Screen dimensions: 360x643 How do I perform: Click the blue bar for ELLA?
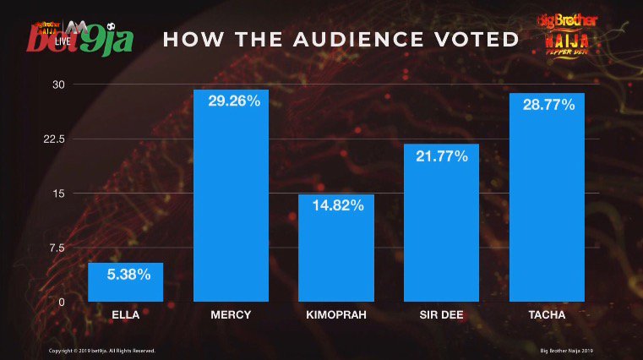[126, 282]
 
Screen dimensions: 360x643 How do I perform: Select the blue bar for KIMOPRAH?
[336, 249]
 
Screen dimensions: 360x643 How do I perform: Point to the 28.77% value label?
[548, 105]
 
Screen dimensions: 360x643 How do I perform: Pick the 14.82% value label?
[336, 205]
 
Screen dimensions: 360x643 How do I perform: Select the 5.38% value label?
[127, 274]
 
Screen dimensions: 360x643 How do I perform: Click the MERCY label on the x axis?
[231, 316]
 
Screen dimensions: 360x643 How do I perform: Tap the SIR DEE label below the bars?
[441, 316]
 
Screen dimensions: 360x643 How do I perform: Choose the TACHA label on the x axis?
[547, 316]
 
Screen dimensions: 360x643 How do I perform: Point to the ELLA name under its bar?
[126, 316]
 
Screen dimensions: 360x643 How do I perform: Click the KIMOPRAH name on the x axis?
[336, 316]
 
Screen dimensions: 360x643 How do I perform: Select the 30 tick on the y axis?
[58, 85]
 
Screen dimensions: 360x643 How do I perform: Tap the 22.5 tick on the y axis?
[55, 139]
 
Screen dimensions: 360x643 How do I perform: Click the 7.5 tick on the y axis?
[57, 248]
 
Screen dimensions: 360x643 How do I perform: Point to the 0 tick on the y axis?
[61, 302]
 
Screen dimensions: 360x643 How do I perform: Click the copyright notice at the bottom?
[101, 350]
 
